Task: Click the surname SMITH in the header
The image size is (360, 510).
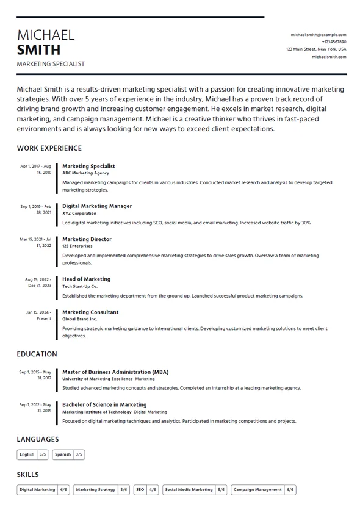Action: click(38, 50)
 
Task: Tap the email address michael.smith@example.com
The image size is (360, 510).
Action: click(318, 35)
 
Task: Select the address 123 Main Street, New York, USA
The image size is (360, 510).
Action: click(315, 49)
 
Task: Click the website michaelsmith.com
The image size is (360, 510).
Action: click(329, 57)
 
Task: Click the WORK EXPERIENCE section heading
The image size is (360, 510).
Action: click(49, 148)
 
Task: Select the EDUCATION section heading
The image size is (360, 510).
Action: click(37, 354)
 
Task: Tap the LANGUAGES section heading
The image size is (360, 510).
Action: click(38, 439)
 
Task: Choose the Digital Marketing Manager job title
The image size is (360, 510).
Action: click(97, 206)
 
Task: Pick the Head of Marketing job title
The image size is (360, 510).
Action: click(86, 279)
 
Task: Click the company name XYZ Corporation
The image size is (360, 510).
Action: click(79, 214)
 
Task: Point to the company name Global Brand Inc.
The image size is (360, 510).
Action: click(79, 319)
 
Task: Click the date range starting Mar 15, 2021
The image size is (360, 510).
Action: click(36, 242)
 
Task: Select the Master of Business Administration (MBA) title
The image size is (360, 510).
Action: click(115, 372)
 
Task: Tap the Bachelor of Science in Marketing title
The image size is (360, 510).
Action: click(104, 404)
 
